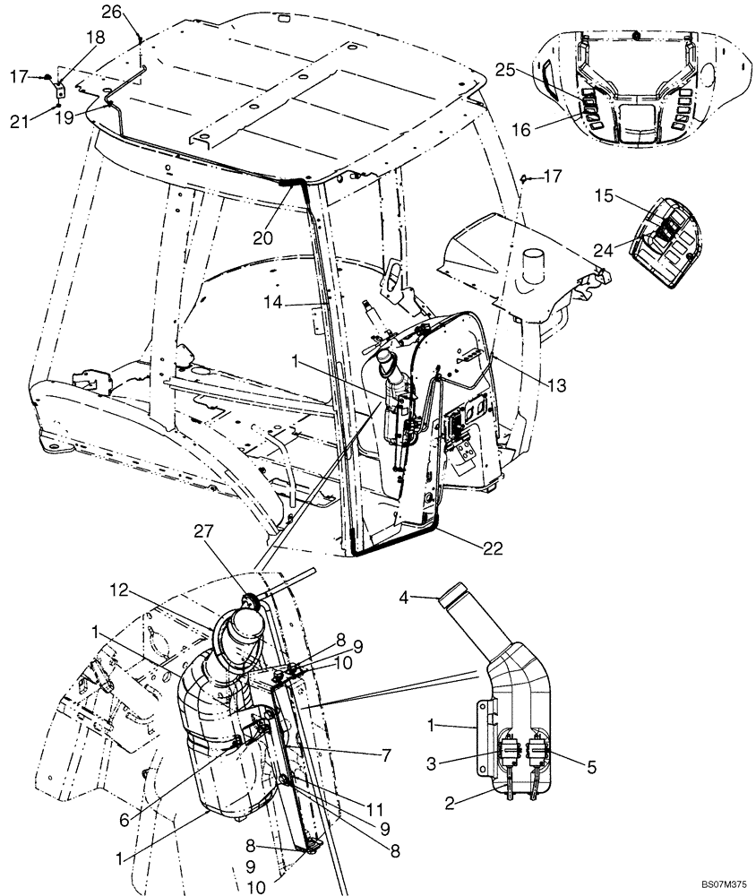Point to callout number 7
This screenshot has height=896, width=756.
[386, 755]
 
